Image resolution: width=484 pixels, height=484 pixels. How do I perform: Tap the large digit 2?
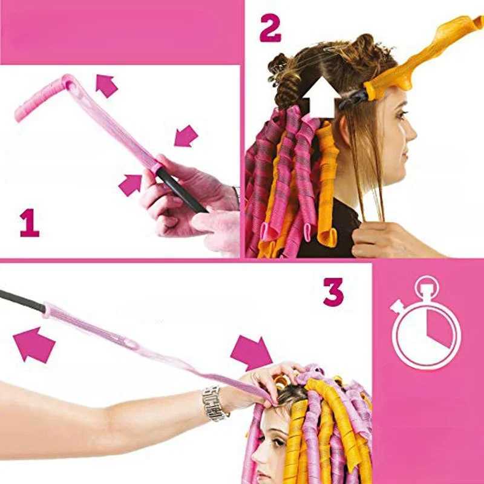pyautogui.click(x=270, y=28)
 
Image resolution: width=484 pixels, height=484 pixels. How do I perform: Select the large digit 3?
pyautogui.click(x=333, y=292)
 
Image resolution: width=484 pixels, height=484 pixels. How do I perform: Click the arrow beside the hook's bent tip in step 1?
pyautogui.click(x=106, y=85)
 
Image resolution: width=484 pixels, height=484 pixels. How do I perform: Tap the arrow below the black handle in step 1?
pyautogui.click(x=130, y=184)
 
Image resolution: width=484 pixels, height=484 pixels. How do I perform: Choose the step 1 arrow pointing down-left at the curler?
pyautogui.click(x=186, y=136)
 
